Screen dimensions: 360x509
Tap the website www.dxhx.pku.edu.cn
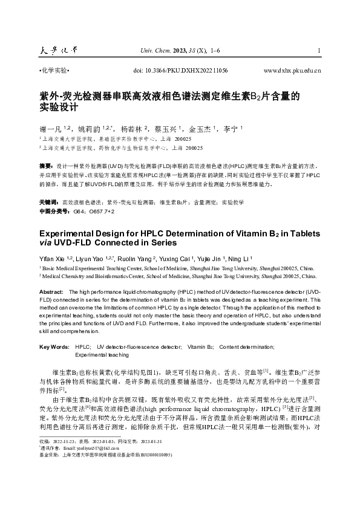[292, 71]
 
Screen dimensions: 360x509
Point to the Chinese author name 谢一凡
[47, 129]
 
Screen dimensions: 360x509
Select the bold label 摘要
[45, 165]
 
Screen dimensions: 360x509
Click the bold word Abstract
[50, 292]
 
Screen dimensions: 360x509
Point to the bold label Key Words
[54, 347]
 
